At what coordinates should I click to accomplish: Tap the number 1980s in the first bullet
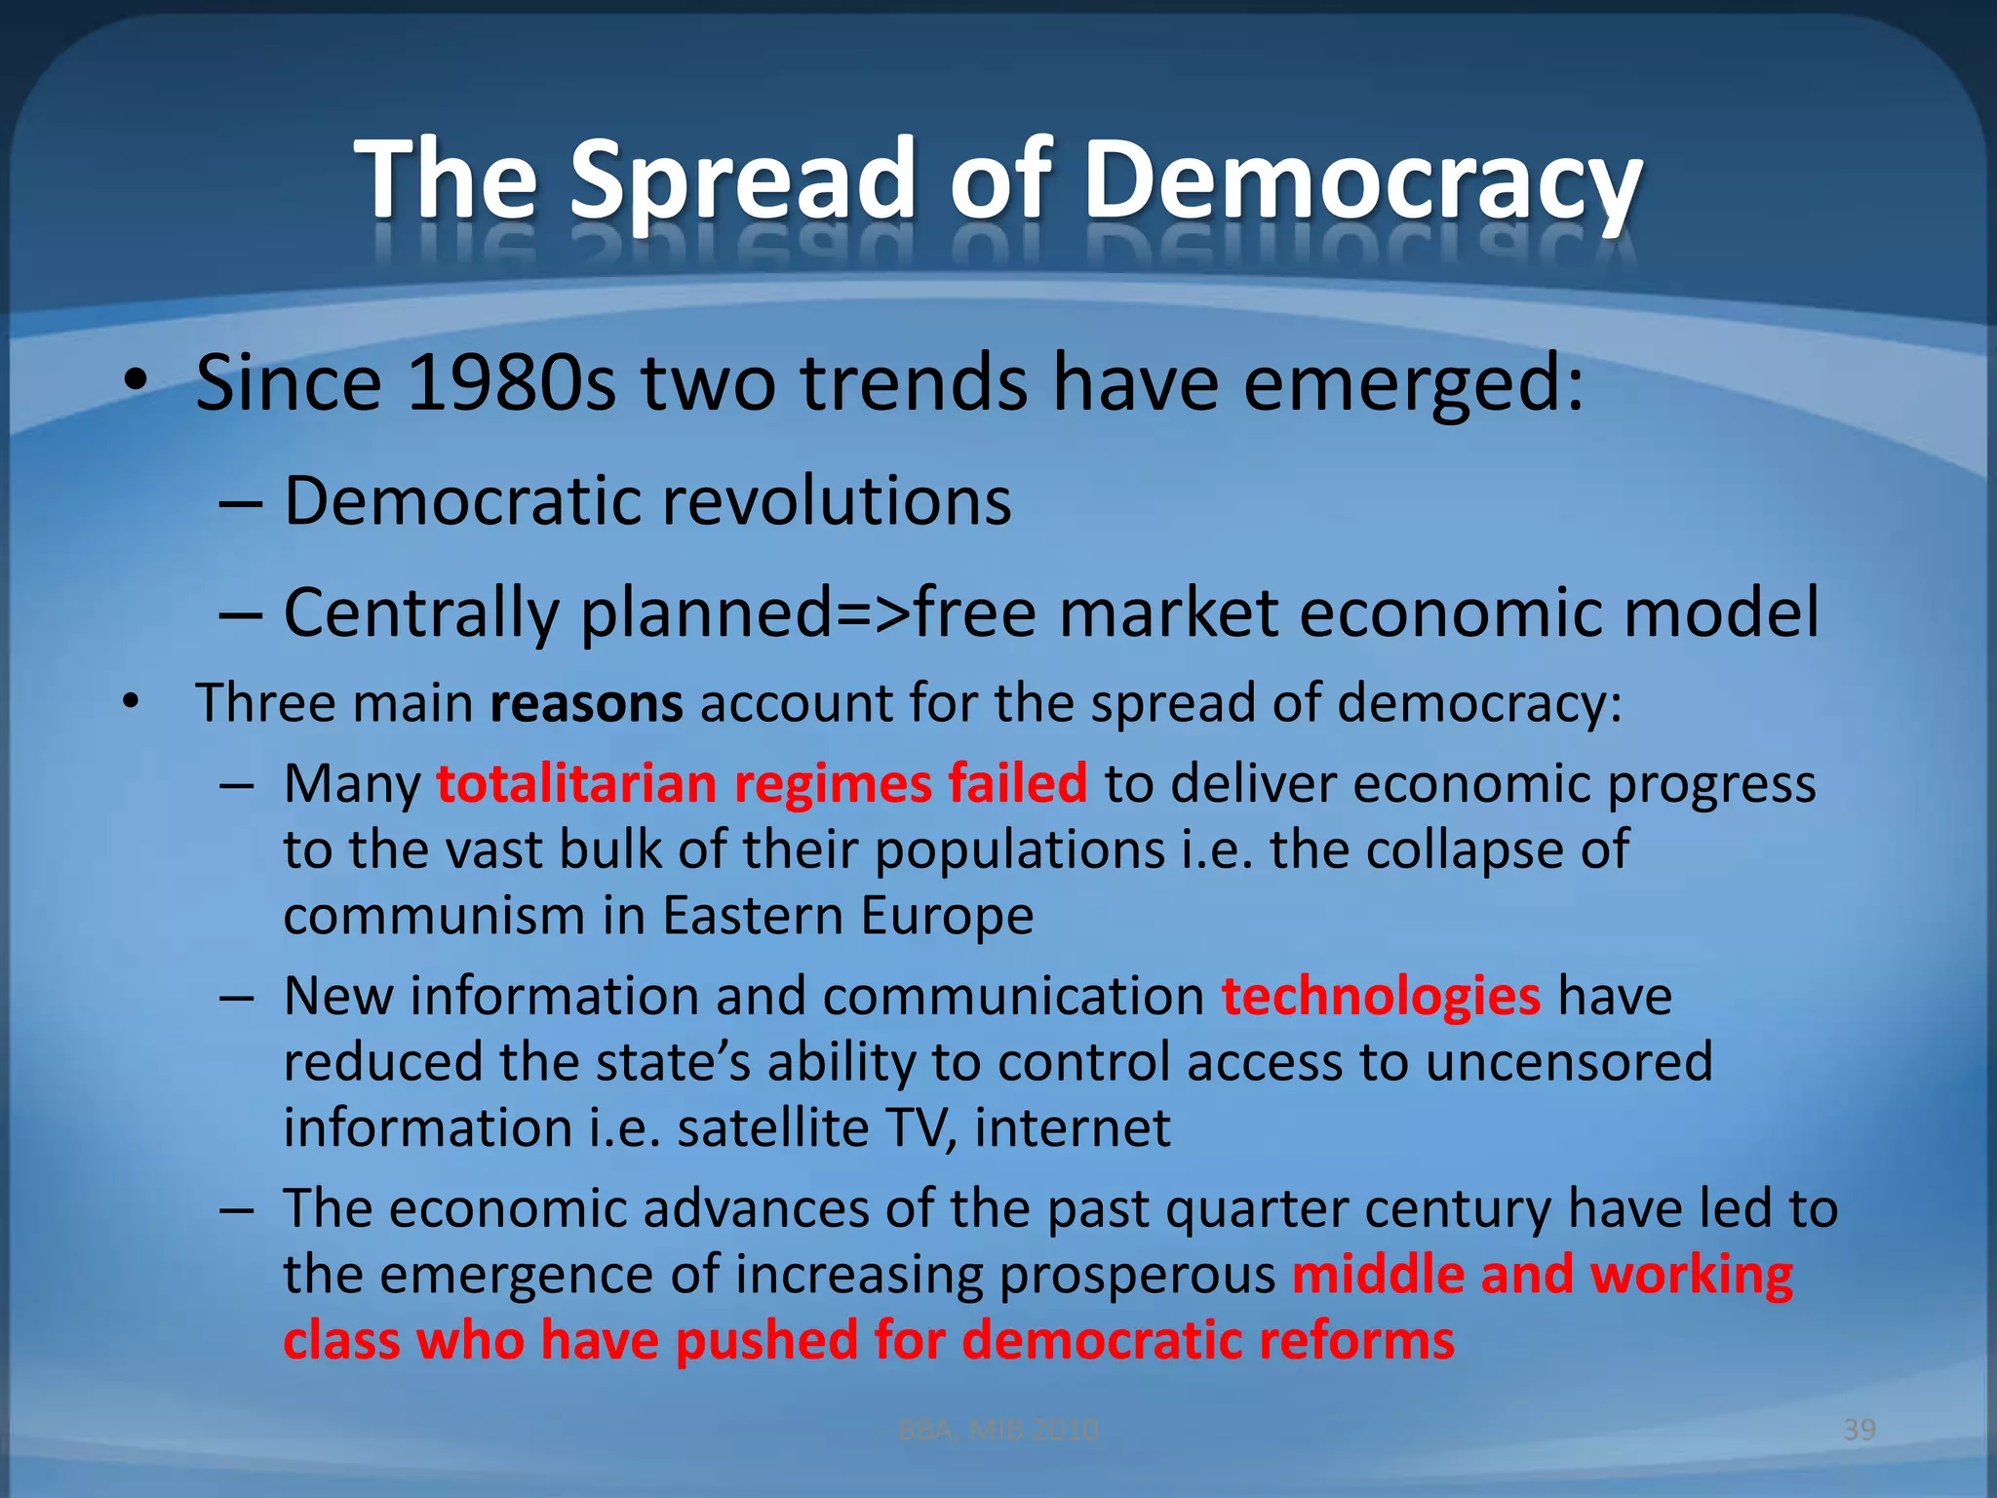coord(511,382)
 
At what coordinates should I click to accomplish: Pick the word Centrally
coord(421,612)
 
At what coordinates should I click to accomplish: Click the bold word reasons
coord(586,702)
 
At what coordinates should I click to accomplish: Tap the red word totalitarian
coord(576,783)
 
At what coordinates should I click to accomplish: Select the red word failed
coord(1017,783)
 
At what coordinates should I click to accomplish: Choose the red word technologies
coord(1381,997)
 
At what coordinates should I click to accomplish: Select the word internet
coord(1072,1128)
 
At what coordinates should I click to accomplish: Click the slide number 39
coord(1860,1430)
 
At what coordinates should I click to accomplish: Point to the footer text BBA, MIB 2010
coord(998,1430)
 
